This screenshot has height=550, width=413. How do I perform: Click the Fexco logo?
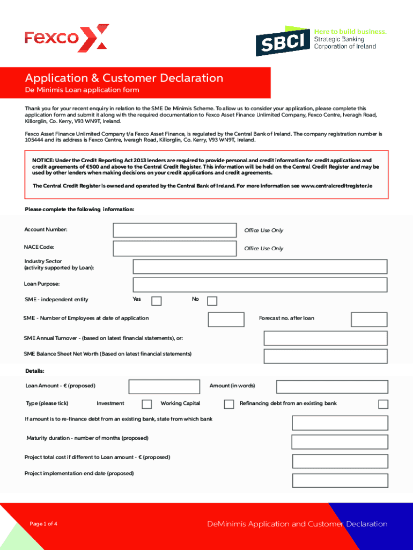pos(67,38)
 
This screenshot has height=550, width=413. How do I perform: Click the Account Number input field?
pos(174,230)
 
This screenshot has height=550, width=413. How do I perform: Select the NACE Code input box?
pos(174,248)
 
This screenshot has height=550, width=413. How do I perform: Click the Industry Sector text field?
pos(260,266)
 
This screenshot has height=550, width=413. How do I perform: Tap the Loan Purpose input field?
pos(260,285)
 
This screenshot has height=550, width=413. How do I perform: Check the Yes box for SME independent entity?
pos(156,301)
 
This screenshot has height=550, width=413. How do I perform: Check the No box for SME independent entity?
pos(212,301)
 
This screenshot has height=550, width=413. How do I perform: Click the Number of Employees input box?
pos(226,319)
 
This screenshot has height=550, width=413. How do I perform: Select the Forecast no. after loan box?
pos(369,319)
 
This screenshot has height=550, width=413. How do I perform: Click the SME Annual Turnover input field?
pos(325,338)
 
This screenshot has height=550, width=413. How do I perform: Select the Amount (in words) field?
pos(331,387)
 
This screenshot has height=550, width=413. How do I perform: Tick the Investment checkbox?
pos(146,404)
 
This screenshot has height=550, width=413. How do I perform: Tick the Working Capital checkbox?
pos(229,404)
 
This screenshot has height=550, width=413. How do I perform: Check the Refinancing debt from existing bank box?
pos(383,404)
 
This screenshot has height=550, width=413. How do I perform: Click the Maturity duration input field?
pos(339,442)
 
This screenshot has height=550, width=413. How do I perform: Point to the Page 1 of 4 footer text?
pos(43,524)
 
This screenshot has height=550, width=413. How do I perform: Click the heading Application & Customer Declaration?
pos(124,78)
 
